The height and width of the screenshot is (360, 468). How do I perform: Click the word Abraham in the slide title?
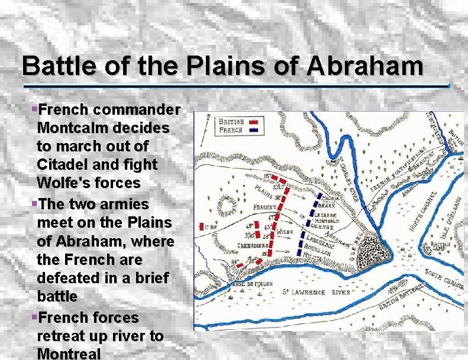[x=364, y=65]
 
